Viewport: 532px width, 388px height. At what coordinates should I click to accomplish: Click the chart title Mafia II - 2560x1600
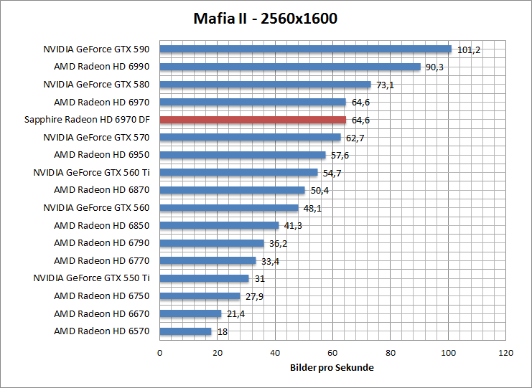(266, 18)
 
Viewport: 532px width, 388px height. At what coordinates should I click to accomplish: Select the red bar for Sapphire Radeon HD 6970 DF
(253, 120)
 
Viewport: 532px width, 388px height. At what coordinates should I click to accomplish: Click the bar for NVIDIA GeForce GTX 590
(305, 49)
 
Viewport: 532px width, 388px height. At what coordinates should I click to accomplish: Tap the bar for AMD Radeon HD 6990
(289, 67)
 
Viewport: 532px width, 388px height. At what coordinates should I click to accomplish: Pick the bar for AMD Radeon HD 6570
(185, 331)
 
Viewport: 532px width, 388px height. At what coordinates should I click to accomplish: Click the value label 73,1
(386, 85)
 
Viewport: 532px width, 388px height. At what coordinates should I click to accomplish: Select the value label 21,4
(235, 314)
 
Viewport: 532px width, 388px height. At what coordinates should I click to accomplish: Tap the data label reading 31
(260, 279)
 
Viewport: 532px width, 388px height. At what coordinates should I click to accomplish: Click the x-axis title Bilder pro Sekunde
(332, 368)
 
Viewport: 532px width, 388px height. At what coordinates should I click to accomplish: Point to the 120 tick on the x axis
(506, 353)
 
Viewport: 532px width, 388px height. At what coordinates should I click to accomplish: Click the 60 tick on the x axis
(332, 353)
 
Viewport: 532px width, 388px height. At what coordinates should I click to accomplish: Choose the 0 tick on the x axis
(159, 353)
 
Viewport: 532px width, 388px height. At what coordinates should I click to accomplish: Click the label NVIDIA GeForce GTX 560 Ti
(91, 172)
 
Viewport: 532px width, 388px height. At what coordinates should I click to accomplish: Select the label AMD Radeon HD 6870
(101, 190)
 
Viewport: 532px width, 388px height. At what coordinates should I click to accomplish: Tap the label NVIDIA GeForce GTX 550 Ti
(91, 278)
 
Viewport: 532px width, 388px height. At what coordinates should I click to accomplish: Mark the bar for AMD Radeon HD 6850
(219, 225)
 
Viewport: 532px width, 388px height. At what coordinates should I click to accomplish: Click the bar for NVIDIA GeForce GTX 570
(250, 137)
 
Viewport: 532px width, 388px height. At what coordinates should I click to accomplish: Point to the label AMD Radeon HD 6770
(101, 260)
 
